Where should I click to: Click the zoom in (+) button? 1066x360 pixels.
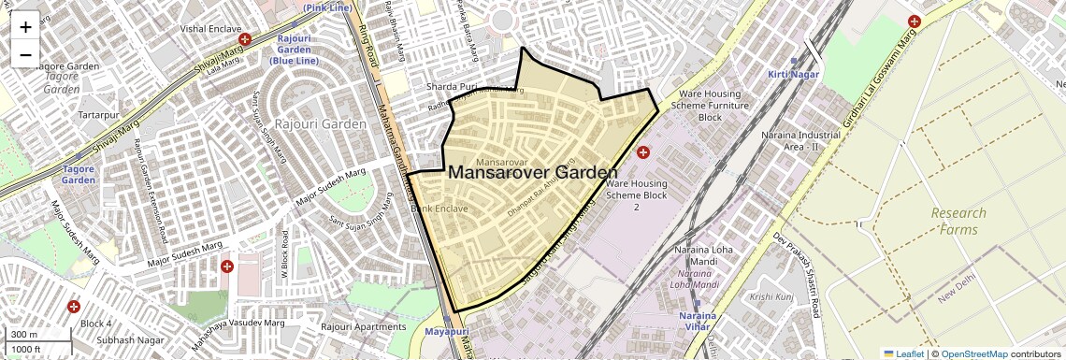[x=25, y=27]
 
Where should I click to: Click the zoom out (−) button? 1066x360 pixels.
[x=25, y=54]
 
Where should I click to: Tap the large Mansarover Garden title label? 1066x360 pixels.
[x=533, y=173]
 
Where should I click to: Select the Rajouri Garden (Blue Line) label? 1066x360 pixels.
[x=295, y=50]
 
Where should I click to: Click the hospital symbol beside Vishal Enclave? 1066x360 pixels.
[x=245, y=40]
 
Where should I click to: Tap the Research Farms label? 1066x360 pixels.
[x=958, y=221]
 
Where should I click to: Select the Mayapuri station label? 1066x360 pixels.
[x=445, y=332]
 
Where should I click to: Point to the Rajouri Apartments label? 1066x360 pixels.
[x=364, y=327]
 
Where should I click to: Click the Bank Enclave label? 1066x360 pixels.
[x=439, y=209]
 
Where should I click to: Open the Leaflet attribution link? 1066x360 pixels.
[x=903, y=353]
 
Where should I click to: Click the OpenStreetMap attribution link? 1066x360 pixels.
[x=973, y=353]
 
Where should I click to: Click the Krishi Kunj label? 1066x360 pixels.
[x=772, y=296]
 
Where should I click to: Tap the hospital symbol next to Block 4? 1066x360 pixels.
[x=74, y=307]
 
